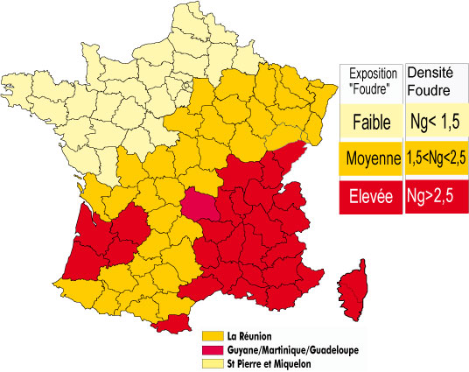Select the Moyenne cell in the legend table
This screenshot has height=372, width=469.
[372, 158]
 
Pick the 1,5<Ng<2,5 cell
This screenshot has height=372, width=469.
[435, 158]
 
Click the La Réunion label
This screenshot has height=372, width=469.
[250, 335]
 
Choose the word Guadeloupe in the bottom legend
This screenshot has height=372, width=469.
[334, 349]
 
